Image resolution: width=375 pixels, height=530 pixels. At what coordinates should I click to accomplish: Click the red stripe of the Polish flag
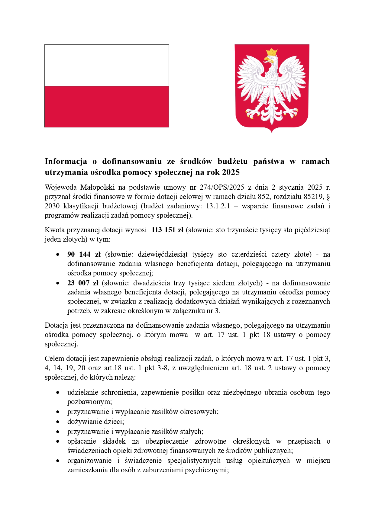pos(107,106)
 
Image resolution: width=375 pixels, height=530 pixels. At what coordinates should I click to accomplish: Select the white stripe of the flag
pos(107,66)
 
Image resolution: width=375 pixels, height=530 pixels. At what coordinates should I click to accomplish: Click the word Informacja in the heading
pos(66,162)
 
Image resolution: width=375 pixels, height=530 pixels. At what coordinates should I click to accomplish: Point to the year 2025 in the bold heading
pos(231,172)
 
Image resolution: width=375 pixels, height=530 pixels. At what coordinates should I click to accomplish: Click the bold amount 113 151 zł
pos(167,230)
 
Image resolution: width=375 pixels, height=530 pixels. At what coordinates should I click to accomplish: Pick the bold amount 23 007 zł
pos(83,283)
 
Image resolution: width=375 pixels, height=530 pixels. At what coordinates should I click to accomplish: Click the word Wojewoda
pos(60,187)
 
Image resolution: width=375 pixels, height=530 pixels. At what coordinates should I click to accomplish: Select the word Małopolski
pos(97,187)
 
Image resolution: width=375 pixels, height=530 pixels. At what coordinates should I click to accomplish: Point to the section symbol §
pos(328,197)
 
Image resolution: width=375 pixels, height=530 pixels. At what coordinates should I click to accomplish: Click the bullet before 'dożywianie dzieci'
pos(57,422)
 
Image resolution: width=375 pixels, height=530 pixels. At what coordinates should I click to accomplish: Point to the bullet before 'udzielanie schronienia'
pos(57,393)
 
